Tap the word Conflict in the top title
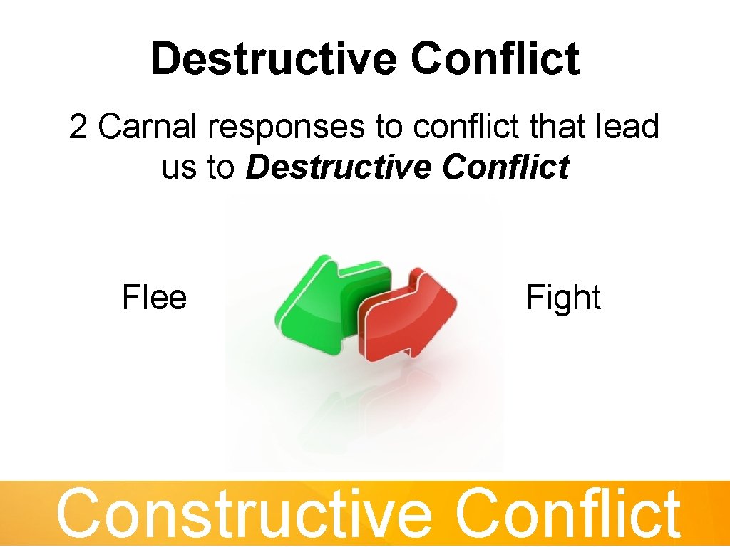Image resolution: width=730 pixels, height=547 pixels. (x=495, y=58)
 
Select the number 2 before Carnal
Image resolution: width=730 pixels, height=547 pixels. (x=78, y=128)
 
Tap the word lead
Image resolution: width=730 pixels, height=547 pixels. (x=629, y=128)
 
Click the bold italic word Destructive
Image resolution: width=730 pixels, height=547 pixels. (x=339, y=168)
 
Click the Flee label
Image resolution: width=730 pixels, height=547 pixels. (x=154, y=297)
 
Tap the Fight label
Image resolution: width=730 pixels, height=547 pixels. (x=563, y=298)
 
